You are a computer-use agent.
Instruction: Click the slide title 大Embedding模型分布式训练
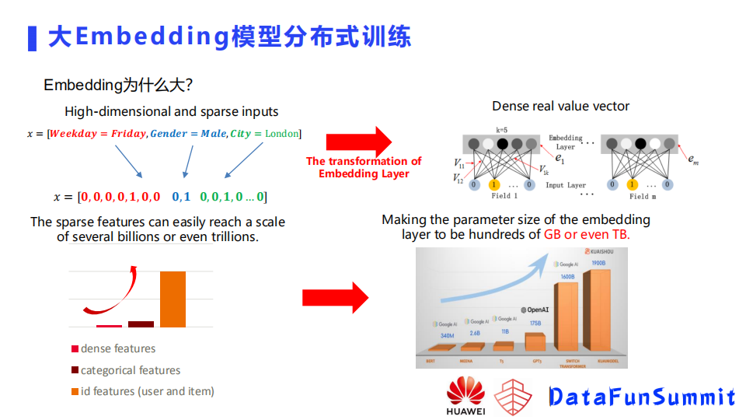(229, 37)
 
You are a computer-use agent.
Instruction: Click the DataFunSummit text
(642, 397)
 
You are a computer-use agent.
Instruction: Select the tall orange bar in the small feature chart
(173, 299)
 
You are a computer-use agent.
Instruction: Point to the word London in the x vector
(281, 134)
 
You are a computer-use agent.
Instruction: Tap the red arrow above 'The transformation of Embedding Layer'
(360, 142)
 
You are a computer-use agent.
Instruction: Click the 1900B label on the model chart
(598, 263)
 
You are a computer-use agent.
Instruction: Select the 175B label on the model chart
(535, 323)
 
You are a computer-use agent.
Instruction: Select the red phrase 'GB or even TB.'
(587, 234)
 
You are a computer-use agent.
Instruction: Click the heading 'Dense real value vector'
(560, 106)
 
